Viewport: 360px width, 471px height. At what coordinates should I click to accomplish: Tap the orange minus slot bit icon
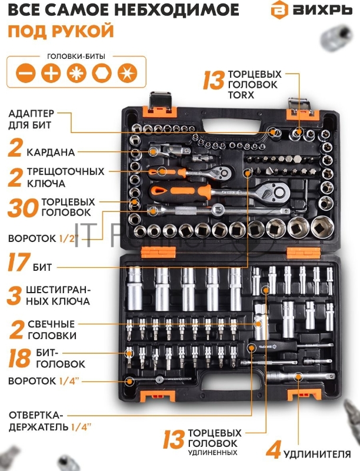tap(26, 72)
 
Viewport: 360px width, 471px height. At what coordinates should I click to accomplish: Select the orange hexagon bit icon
tap(102, 72)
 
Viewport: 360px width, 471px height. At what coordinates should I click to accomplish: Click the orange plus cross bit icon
tap(51, 72)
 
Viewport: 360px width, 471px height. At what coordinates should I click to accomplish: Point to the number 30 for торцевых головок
tap(23, 208)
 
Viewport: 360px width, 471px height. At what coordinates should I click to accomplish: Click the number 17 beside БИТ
tap(19, 262)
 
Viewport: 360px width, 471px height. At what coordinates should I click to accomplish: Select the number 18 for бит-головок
tap(19, 358)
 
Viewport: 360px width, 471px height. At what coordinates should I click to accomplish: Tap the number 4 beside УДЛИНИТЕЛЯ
tap(274, 450)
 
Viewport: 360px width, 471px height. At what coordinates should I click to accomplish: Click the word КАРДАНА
tap(51, 152)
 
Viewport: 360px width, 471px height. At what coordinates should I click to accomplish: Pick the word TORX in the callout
tap(241, 95)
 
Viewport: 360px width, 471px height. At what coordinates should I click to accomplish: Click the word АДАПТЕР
tap(32, 114)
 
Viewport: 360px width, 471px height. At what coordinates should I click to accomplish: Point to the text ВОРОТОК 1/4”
tap(44, 381)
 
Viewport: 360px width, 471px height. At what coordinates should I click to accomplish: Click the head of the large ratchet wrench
tap(275, 190)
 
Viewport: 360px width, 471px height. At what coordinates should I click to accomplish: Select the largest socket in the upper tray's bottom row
tap(322, 227)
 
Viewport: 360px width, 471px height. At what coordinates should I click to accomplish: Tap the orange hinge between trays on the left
tap(158, 252)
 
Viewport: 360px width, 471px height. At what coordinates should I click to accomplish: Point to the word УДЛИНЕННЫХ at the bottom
tap(213, 452)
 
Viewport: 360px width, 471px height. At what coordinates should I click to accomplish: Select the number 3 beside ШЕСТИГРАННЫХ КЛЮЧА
tap(14, 296)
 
